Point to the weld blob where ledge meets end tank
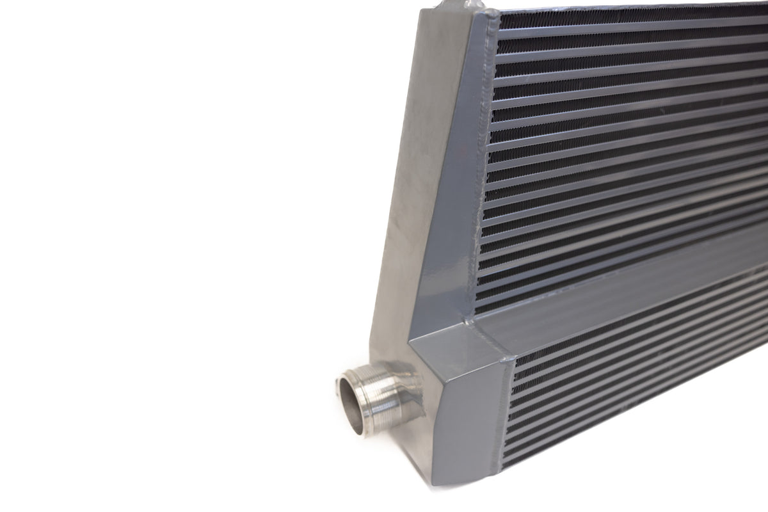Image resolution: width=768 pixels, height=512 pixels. pyautogui.click(x=474, y=317)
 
